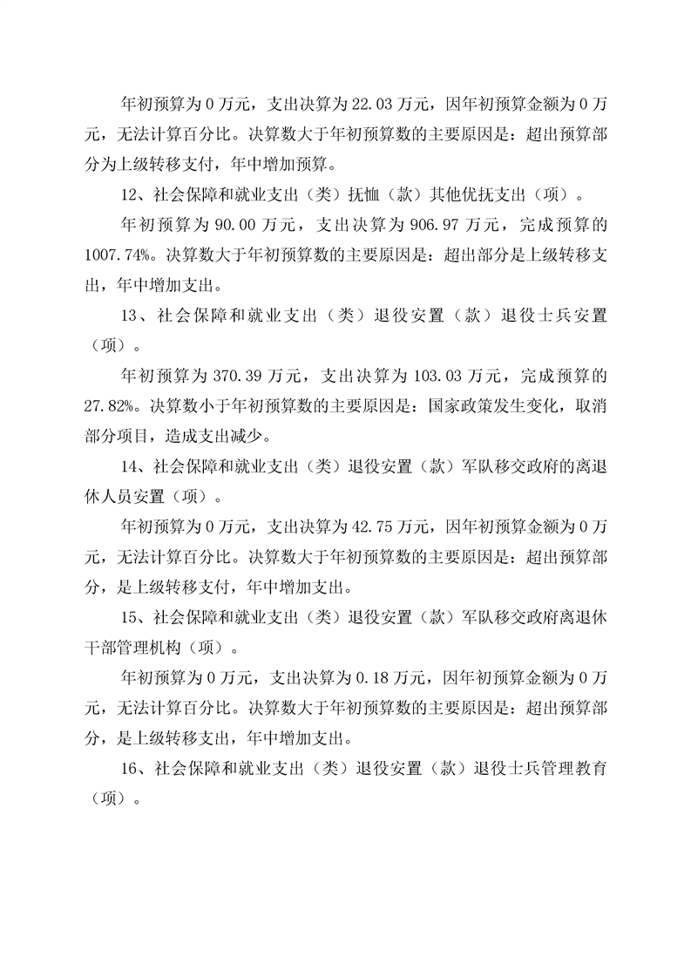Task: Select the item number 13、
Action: [139, 316]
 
